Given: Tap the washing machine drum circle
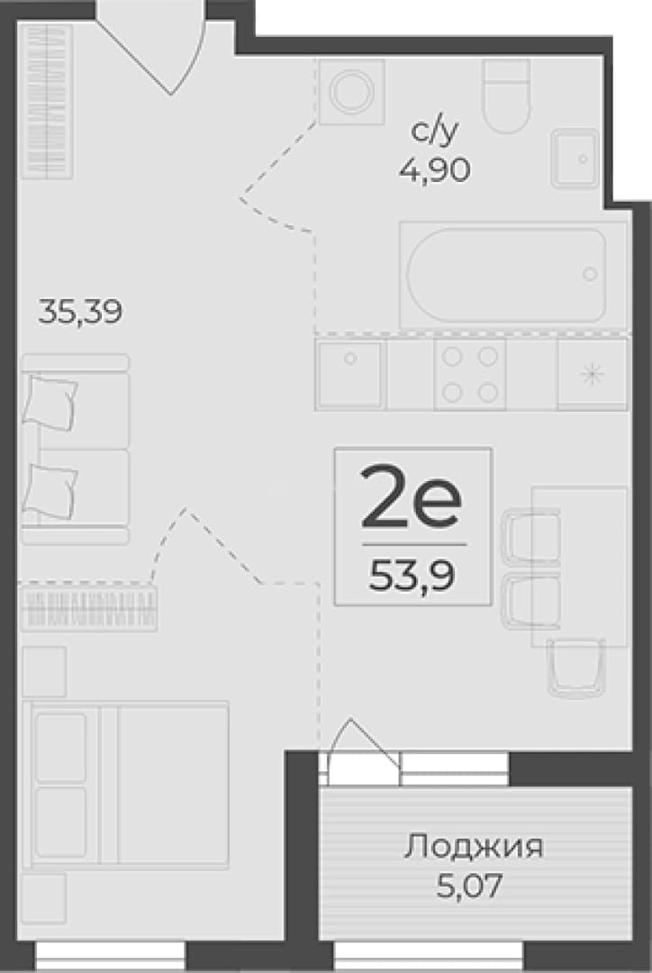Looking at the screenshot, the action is coord(350,91).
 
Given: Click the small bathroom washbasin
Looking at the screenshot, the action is coord(575,159).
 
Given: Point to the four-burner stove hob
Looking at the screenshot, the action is coord(470,374).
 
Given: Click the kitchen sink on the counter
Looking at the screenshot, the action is coord(350,374).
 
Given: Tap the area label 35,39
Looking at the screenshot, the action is coord(80,311).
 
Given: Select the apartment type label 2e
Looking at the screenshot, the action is coord(412,497).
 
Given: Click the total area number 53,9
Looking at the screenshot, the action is coord(412,576).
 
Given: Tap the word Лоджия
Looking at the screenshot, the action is coord(474,847).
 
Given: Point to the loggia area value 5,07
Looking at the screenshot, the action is coord(468,886).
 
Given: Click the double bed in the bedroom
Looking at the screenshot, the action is coord(126,785).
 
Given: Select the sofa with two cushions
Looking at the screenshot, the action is coord(75,450).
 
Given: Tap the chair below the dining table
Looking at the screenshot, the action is coord(575,667).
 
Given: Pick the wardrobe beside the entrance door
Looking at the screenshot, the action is coord(48,101).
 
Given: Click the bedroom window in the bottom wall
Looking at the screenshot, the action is coord(111,956).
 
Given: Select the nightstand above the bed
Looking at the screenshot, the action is coord(45,671).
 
